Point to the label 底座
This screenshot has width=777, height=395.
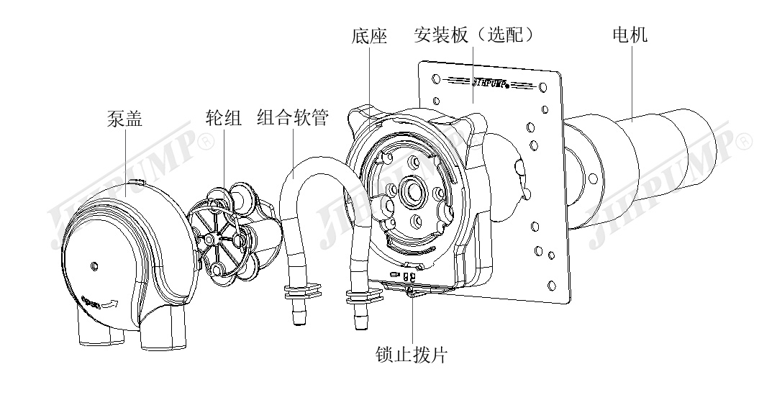point(371,35)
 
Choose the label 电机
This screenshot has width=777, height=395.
point(629,35)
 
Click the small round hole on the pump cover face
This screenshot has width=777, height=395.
point(94,267)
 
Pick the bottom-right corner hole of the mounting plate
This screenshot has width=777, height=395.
point(550,283)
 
